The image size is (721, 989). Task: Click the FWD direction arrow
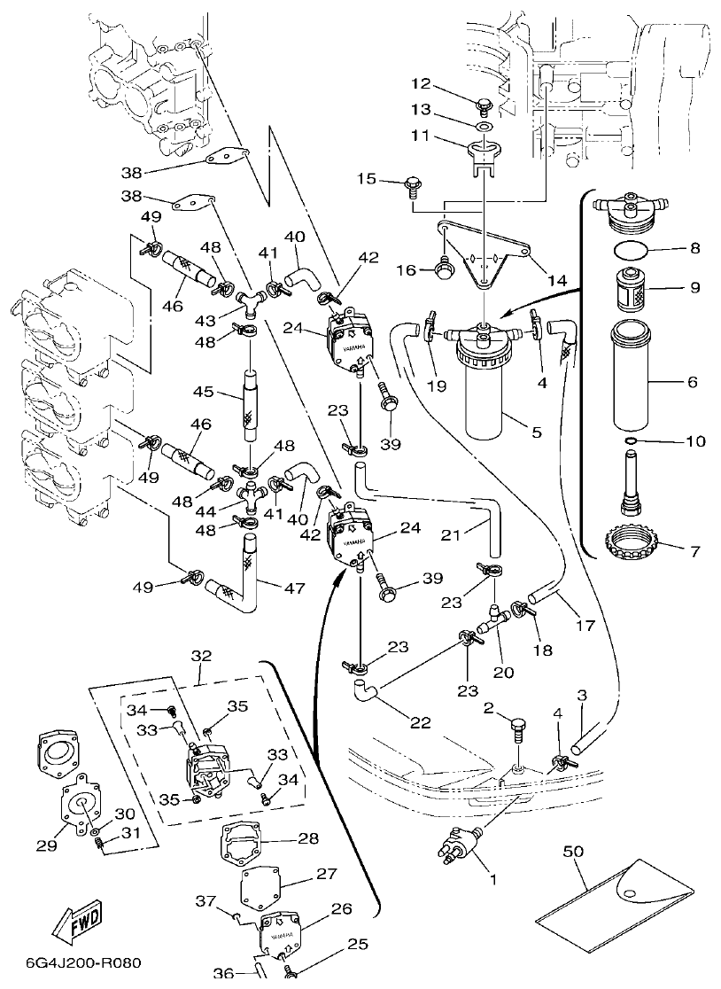pyautogui.click(x=76, y=922)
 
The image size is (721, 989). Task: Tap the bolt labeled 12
pyautogui.click(x=484, y=109)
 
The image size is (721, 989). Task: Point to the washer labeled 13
pyautogui.click(x=483, y=128)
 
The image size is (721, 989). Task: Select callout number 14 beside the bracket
pyautogui.click(x=557, y=280)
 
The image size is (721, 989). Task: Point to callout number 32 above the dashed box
pyautogui.click(x=201, y=657)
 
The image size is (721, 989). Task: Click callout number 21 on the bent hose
pyautogui.click(x=453, y=534)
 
